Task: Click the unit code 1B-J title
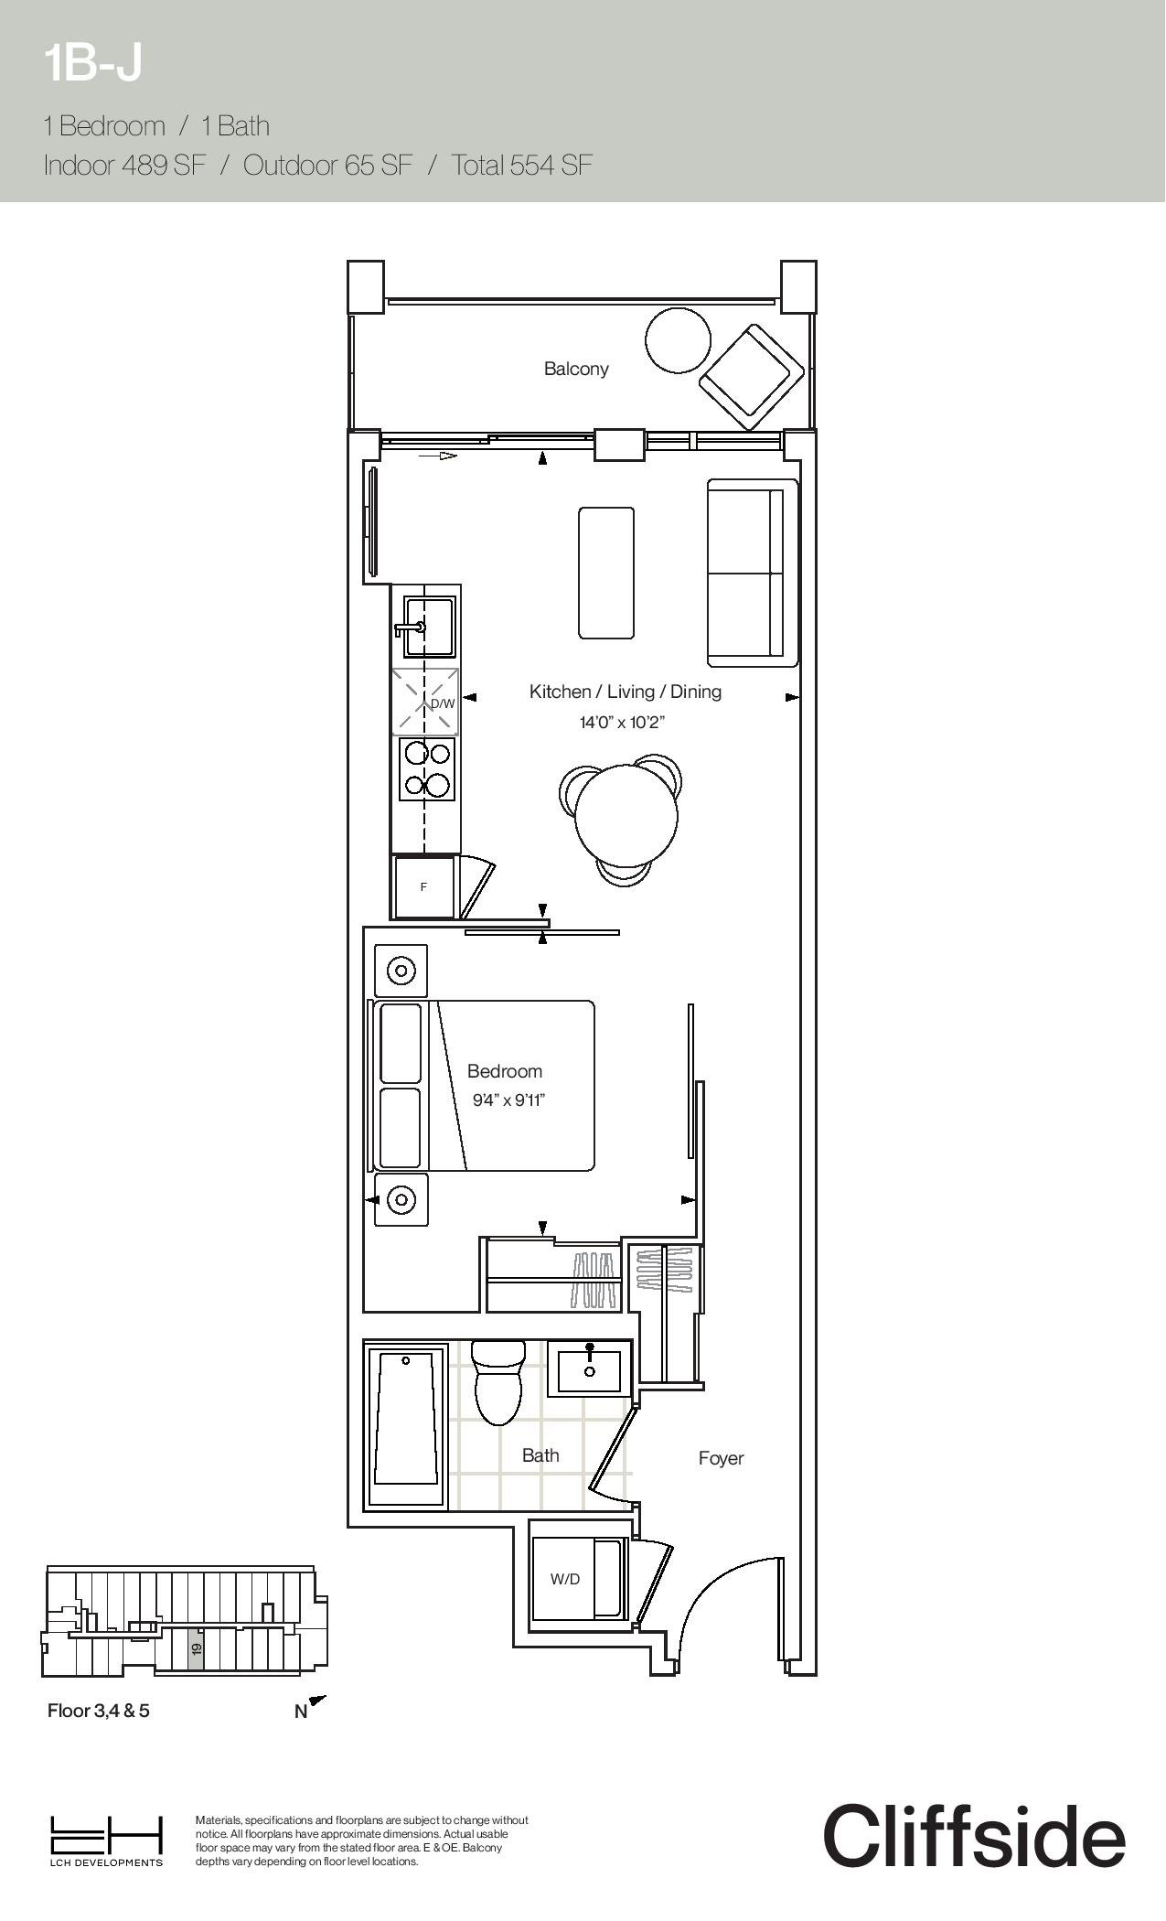point(92,64)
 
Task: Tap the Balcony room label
point(576,369)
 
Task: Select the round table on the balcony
point(678,339)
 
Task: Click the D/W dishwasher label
point(443,703)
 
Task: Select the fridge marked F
point(423,886)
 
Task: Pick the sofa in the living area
point(753,573)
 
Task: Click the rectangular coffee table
point(606,573)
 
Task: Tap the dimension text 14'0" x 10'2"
point(622,723)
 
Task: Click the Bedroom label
point(505,1071)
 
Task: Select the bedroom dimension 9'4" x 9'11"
point(508,1100)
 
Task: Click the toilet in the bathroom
point(498,1382)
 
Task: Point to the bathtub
point(405,1424)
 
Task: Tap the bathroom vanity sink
point(590,1368)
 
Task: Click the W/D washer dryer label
point(565,1579)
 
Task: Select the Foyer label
point(721,1458)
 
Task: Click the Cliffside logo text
point(974,1835)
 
